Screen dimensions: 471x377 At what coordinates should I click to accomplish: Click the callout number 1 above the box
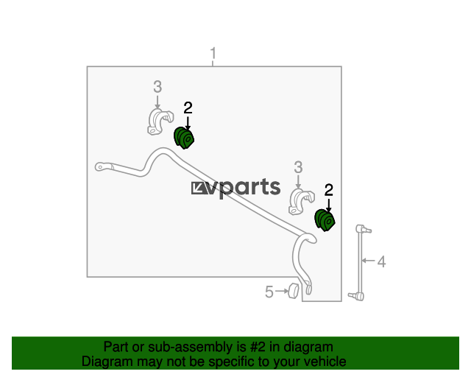213,53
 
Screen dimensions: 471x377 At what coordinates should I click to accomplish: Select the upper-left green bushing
184,138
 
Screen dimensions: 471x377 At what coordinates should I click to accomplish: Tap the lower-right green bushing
325,220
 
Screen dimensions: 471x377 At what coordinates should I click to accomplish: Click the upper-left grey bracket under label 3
160,121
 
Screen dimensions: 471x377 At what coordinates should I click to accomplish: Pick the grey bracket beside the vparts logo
301,202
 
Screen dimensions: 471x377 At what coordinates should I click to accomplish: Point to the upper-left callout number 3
157,87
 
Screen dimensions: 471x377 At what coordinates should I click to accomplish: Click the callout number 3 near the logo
298,167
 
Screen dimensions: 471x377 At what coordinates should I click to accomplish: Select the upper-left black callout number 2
188,108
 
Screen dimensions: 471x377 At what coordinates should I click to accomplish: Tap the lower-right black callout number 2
329,190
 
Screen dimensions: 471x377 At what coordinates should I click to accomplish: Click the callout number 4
381,261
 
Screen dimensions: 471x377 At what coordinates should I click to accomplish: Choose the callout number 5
269,292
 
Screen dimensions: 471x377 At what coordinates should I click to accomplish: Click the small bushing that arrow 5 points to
293,291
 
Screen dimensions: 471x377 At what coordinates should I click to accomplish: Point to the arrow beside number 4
368,261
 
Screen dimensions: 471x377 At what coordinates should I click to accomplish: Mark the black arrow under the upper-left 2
188,123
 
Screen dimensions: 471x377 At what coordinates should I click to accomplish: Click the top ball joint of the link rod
363,229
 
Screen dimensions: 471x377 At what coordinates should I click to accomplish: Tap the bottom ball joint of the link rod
357,297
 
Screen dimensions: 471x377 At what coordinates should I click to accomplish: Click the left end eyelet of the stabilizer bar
101,167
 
